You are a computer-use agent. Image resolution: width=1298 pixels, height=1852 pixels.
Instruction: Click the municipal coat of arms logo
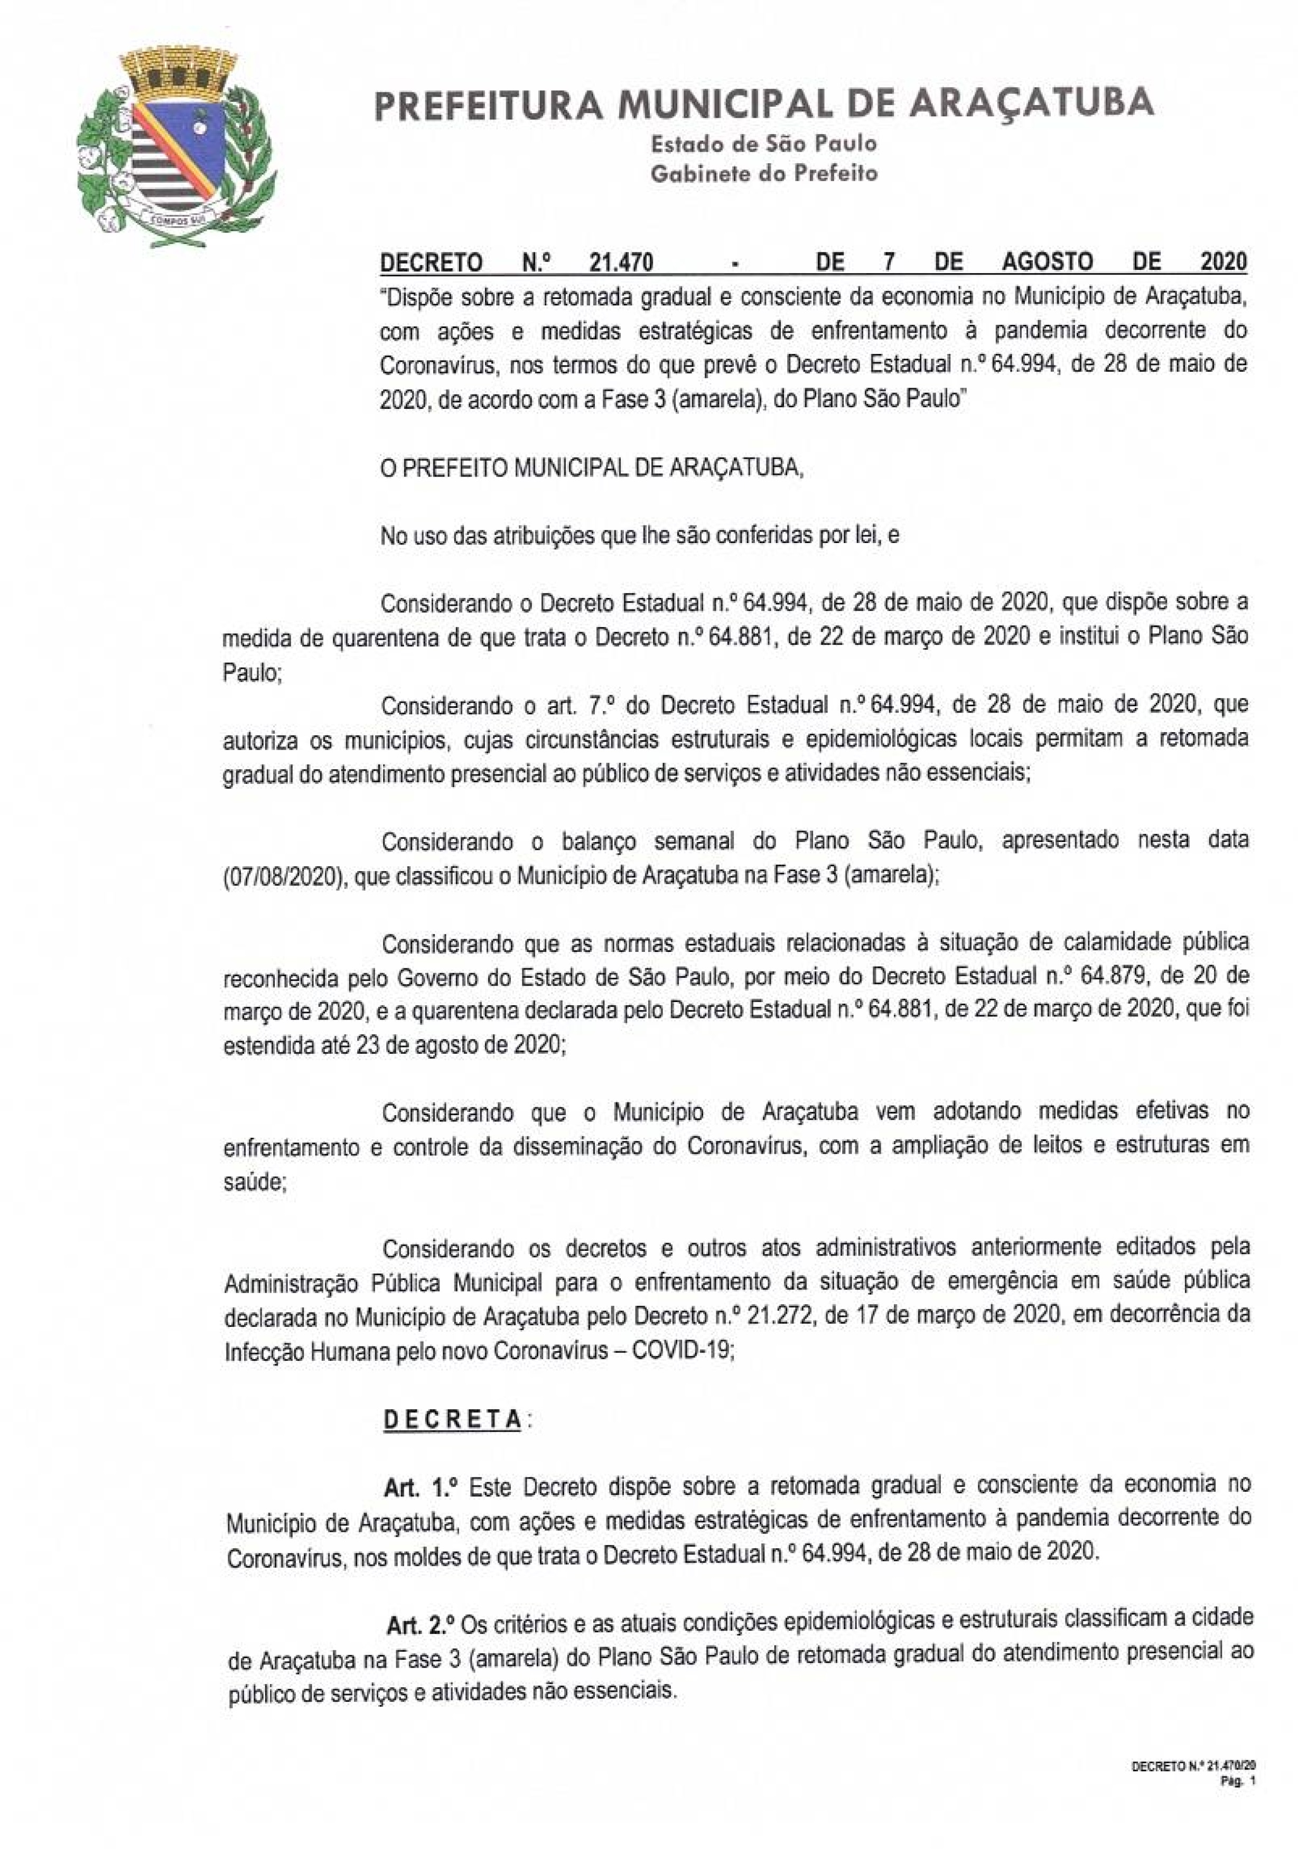(x=176, y=149)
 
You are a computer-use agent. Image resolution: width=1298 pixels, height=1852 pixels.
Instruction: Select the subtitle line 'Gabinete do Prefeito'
(x=763, y=173)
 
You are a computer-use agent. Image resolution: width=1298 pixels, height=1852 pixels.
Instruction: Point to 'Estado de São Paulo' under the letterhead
(x=763, y=144)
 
